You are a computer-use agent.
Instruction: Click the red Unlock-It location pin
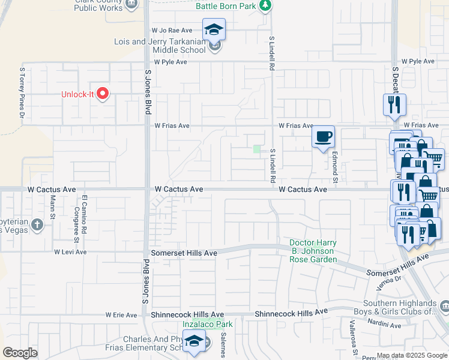103,93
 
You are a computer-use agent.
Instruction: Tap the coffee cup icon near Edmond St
323,137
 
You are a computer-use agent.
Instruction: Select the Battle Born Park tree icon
264,6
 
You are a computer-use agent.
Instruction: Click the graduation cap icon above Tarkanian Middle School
214,29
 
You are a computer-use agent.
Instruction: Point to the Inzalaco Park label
207,325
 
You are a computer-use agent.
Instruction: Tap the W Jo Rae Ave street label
172,30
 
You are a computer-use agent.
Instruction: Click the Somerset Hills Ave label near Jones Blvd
184,253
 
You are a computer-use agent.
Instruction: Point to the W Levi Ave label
70,253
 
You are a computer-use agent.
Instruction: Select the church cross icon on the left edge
37,225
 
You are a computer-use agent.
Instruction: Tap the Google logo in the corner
20,353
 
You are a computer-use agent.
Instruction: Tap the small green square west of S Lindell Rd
257,149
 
